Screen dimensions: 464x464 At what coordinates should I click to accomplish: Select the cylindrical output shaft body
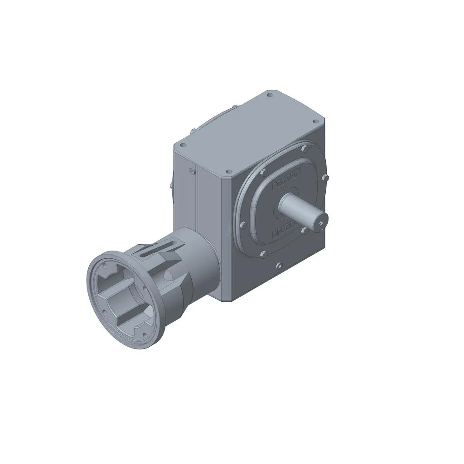pyautogui.click(x=299, y=209)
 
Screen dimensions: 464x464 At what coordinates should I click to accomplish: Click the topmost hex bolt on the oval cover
pyautogui.click(x=304, y=149)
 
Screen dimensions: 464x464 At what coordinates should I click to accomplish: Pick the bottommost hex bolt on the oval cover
pyautogui.click(x=262, y=254)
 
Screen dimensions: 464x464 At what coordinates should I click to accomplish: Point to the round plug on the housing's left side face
pyautogui.click(x=192, y=171)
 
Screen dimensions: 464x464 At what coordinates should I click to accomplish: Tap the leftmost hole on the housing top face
pyautogui.click(x=183, y=145)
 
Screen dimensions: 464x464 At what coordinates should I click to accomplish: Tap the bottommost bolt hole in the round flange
pyautogui.click(x=144, y=335)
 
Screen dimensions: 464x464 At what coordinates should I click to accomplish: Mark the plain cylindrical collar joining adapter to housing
pyautogui.click(x=204, y=263)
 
